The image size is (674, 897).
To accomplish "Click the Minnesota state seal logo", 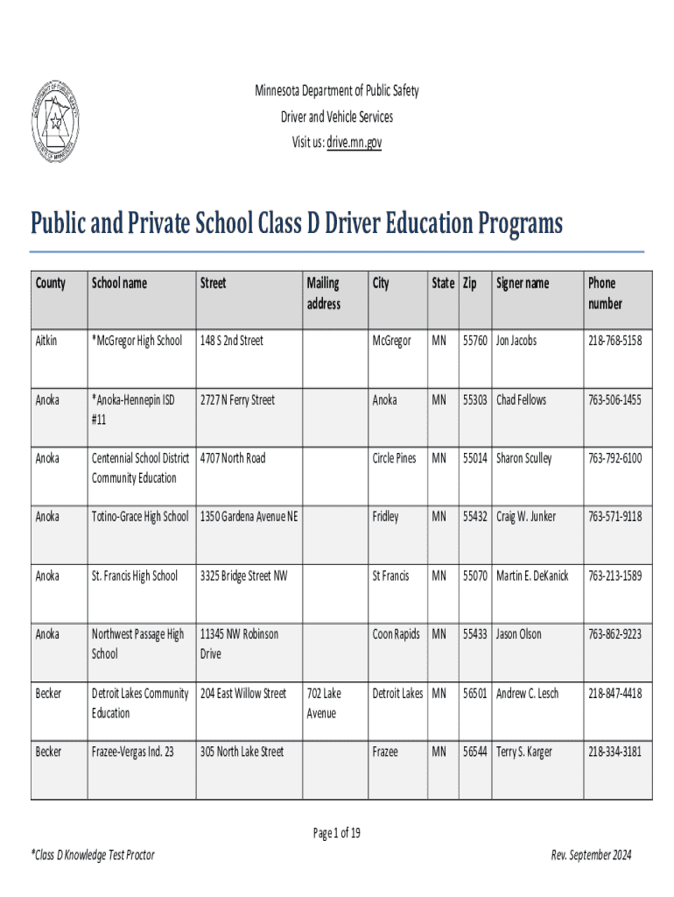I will click(54, 120).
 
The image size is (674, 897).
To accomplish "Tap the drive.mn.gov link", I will click(355, 142).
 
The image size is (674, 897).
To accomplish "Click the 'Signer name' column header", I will click(523, 283).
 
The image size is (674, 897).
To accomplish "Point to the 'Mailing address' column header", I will click(323, 293).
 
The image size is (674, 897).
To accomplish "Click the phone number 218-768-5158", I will click(614, 340).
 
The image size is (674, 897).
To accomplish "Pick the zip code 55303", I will click(475, 399).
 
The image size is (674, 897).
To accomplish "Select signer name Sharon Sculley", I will click(523, 458).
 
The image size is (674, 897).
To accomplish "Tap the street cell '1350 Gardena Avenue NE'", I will click(249, 517).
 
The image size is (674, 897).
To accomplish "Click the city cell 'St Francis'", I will click(390, 576).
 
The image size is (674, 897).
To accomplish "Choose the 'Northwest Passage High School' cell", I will click(137, 644).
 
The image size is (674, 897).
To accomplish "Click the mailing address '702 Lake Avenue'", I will click(324, 703).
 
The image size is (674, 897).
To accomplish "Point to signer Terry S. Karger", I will click(523, 752).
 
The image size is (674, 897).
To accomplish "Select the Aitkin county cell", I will click(46, 340).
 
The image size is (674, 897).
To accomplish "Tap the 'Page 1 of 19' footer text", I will click(337, 833).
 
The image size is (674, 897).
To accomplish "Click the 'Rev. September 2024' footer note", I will click(591, 855).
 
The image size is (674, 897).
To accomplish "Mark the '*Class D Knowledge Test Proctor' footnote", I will click(92, 855).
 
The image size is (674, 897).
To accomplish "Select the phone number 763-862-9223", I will click(614, 634).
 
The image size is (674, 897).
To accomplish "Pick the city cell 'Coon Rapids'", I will click(396, 634).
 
